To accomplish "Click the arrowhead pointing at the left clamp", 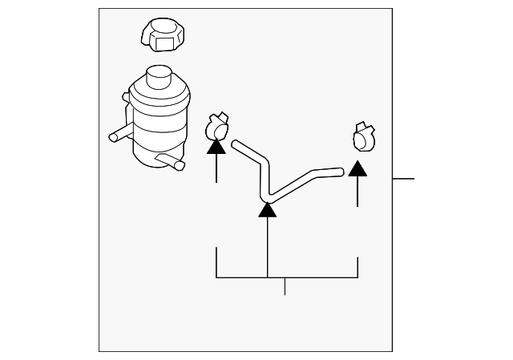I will pyautogui.click(x=216, y=145).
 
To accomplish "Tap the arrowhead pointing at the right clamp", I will pyautogui.click(x=357, y=168).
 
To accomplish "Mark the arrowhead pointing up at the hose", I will pyautogui.click(x=268, y=211).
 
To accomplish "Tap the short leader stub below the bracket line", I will pyautogui.click(x=285, y=286).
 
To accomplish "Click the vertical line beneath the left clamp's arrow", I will pyautogui.click(x=216, y=168).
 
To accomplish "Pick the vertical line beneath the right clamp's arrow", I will pyautogui.click(x=357, y=192).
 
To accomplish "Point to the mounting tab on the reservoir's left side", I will pyautogui.click(x=126, y=98).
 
